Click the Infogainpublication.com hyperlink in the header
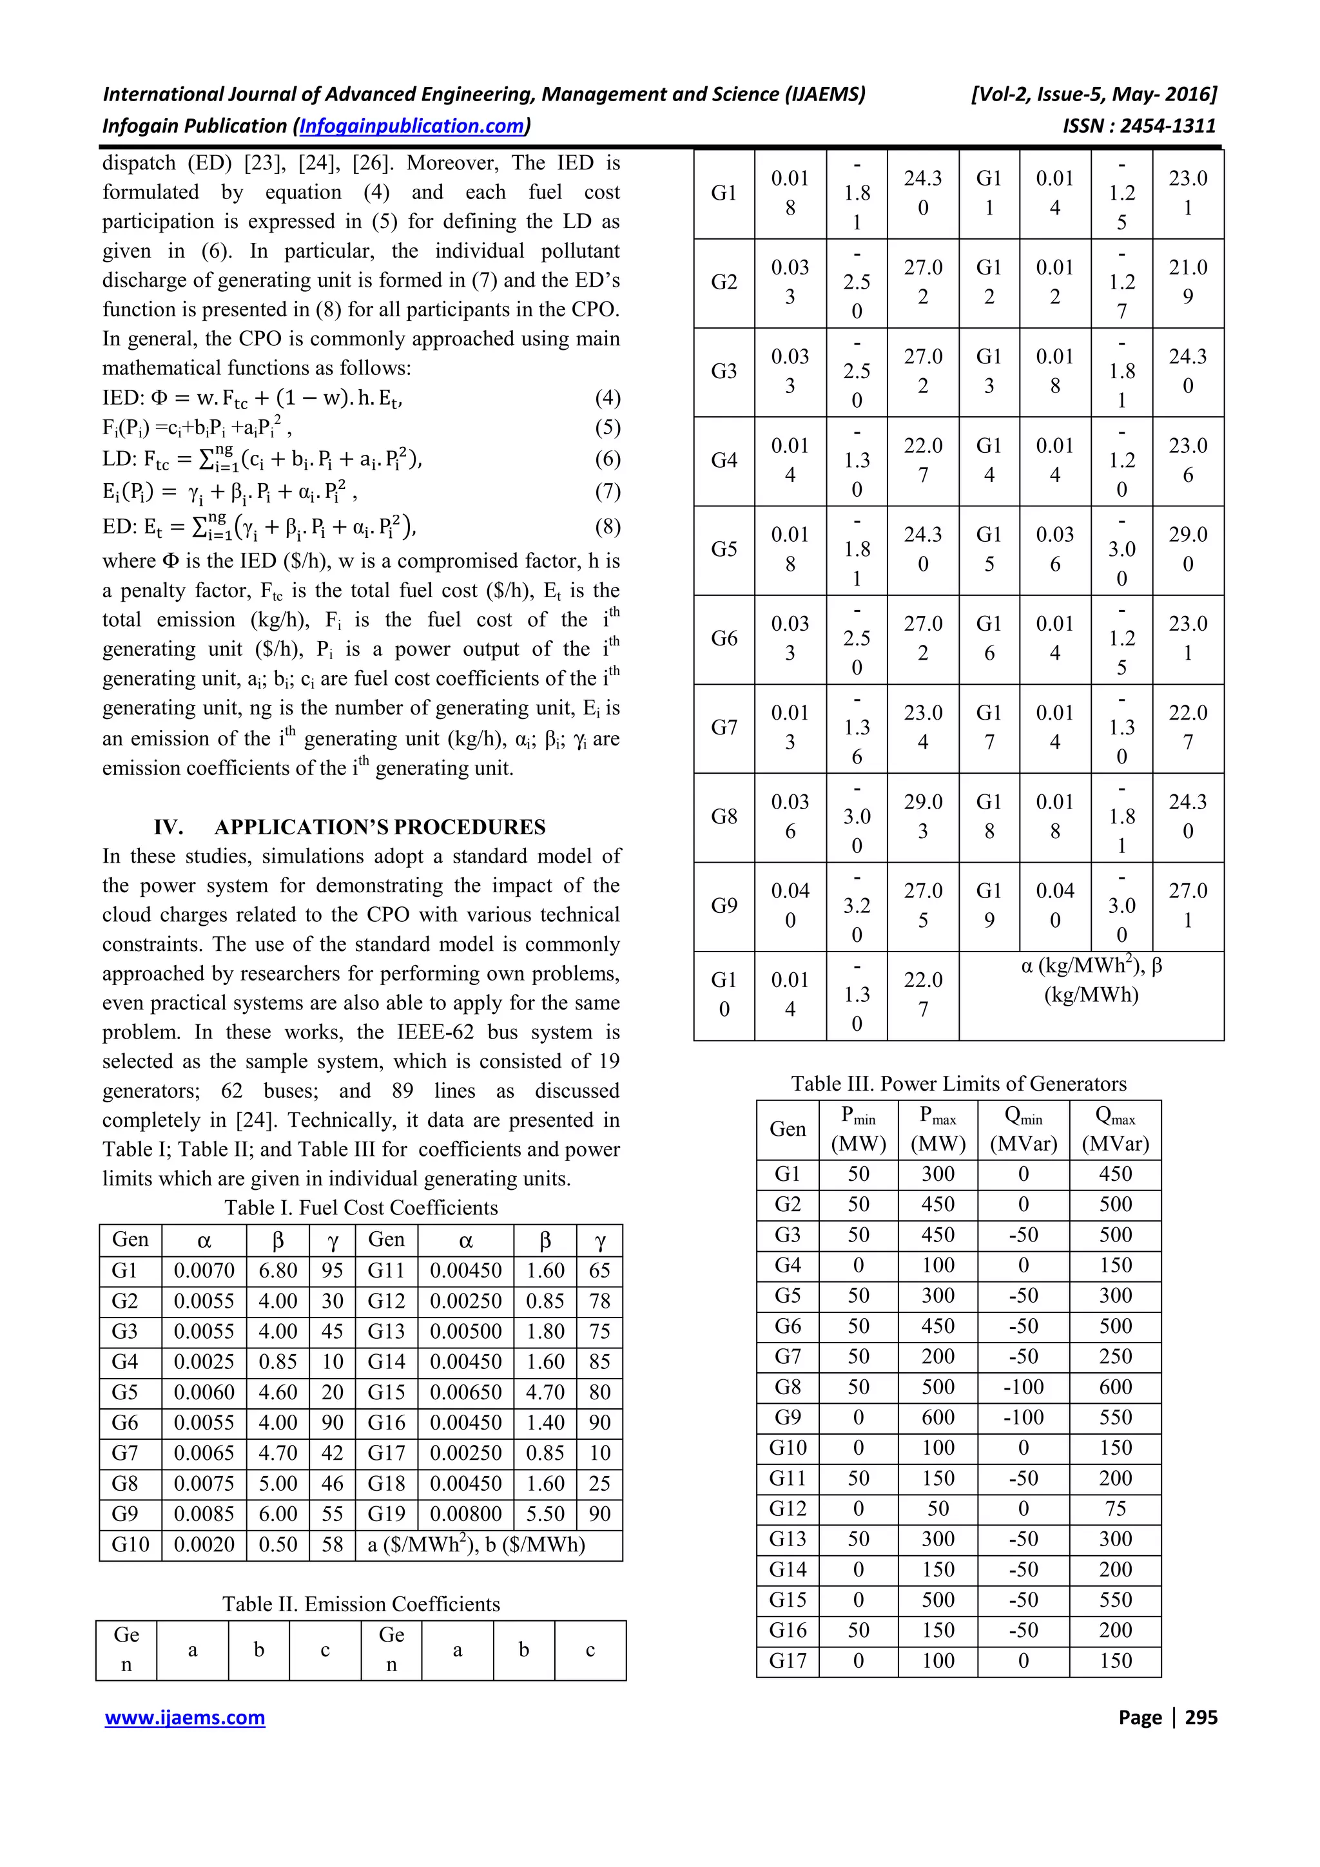click(412, 126)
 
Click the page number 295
click(1201, 1718)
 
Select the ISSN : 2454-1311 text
click(1139, 126)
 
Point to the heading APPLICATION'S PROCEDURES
click(380, 827)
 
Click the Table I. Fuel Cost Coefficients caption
click(361, 1207)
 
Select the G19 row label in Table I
click(385, 1514)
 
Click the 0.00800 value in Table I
click(465, 1514)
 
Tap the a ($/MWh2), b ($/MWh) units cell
click(476, 1544)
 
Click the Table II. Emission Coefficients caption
click(361, 1604)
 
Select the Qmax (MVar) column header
click(1115, 1129)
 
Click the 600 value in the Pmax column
click(938, 1417)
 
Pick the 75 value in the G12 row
click(1115, 1508)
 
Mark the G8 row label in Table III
click(787, 1387)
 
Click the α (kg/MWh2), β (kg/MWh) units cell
click(1091, 980)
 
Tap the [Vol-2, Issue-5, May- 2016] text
click(1094, 94)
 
